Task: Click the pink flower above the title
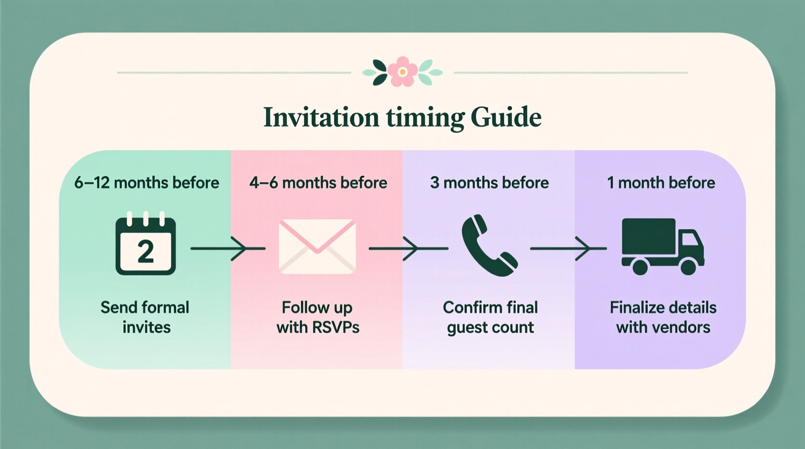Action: point(402,72)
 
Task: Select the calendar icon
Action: point(146,244)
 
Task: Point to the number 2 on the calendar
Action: point(146,252)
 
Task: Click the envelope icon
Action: point(317,246)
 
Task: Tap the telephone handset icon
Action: point(489,245)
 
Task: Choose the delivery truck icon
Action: point(662,246)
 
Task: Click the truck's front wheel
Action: point(688,266)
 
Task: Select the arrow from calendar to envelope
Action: point(227,248)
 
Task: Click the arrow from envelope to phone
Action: point(408,248)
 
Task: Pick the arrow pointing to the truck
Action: point(568,248)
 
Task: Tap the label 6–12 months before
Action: point(147,183)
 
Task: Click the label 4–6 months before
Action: point(318,183)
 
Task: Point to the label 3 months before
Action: point(490,183)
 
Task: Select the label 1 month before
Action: point(661,183)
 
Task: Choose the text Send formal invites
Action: point(146,317)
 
